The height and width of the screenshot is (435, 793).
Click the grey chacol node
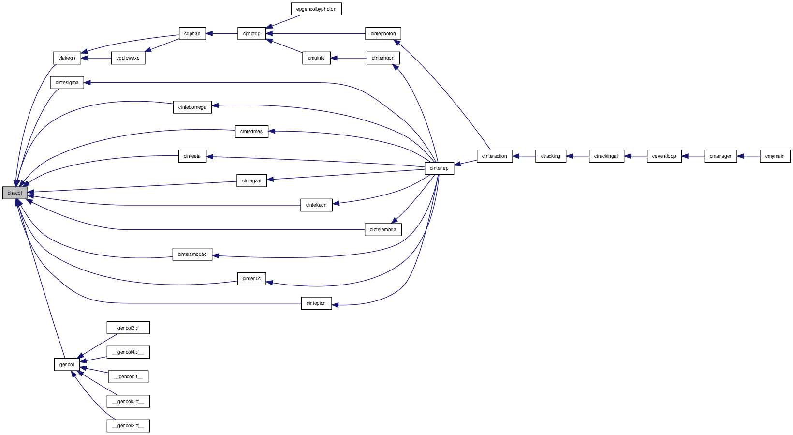(x=15, y=193)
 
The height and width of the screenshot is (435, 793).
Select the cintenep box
(x=439, y=168)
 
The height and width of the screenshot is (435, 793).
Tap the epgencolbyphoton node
(x=317, y=9)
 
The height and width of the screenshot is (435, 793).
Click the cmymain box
(x=775, y=156)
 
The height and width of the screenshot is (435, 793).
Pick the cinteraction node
(x=495, y=156)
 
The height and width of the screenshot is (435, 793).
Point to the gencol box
(x=67, y=364)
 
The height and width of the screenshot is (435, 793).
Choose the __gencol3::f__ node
(x=128, y=328)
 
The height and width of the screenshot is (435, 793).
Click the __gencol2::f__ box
(x=128, y=426)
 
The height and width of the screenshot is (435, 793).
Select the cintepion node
(x=317, y=303)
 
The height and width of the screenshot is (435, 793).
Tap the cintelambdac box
(x=192, y=255)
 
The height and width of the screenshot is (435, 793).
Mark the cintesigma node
(x=67, y=83)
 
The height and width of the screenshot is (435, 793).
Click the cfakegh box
(x=67, y=58)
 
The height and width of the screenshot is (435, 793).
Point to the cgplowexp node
(x=128, y=58)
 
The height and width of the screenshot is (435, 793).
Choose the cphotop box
(x=252, y=34)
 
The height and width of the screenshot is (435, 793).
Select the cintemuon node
(x=383, y=58)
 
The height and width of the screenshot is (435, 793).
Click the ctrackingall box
(x=606, y=156)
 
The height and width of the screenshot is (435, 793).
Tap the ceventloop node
(x=664, y=156)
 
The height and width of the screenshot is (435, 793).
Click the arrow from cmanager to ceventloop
(x=693, y=156)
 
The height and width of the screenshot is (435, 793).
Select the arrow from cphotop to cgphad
(x=221, y=34)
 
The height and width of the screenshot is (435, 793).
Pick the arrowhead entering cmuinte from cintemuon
(x=334, y=58)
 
